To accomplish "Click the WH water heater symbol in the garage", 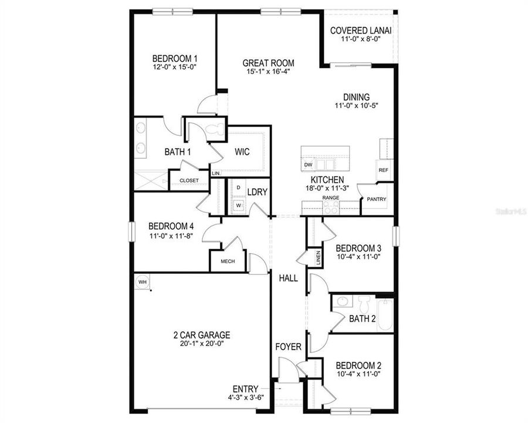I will pyautogui.click(x=142, y=282).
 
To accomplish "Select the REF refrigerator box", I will pyautogui.click(x=383, y=170).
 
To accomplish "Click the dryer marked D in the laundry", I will pyautogui.click(x=238, y=187).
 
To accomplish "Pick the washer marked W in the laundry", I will pyautogui.click(x=238, y=206).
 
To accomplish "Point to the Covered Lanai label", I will pyautogui.click(x=361, y=31).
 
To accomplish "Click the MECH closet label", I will pyautogui.click(x=228, y=261).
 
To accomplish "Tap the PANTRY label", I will pyautogui.click(x=377, y=199).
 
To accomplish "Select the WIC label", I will pyautogui.click(x=242, y=152).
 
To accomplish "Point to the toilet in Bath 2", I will pyautogui.click(x=363, y=304).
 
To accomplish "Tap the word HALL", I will pyautogui.click(x=289, y=278).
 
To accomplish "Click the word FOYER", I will pyautogui.click(x=289, y=347).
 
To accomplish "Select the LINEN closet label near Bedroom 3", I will pyautogui.click(x=318, y=258).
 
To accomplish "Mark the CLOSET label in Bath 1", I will pyautogui.click(x=189, y=180).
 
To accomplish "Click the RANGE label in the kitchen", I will pyautogui.click(x=330, y=199).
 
